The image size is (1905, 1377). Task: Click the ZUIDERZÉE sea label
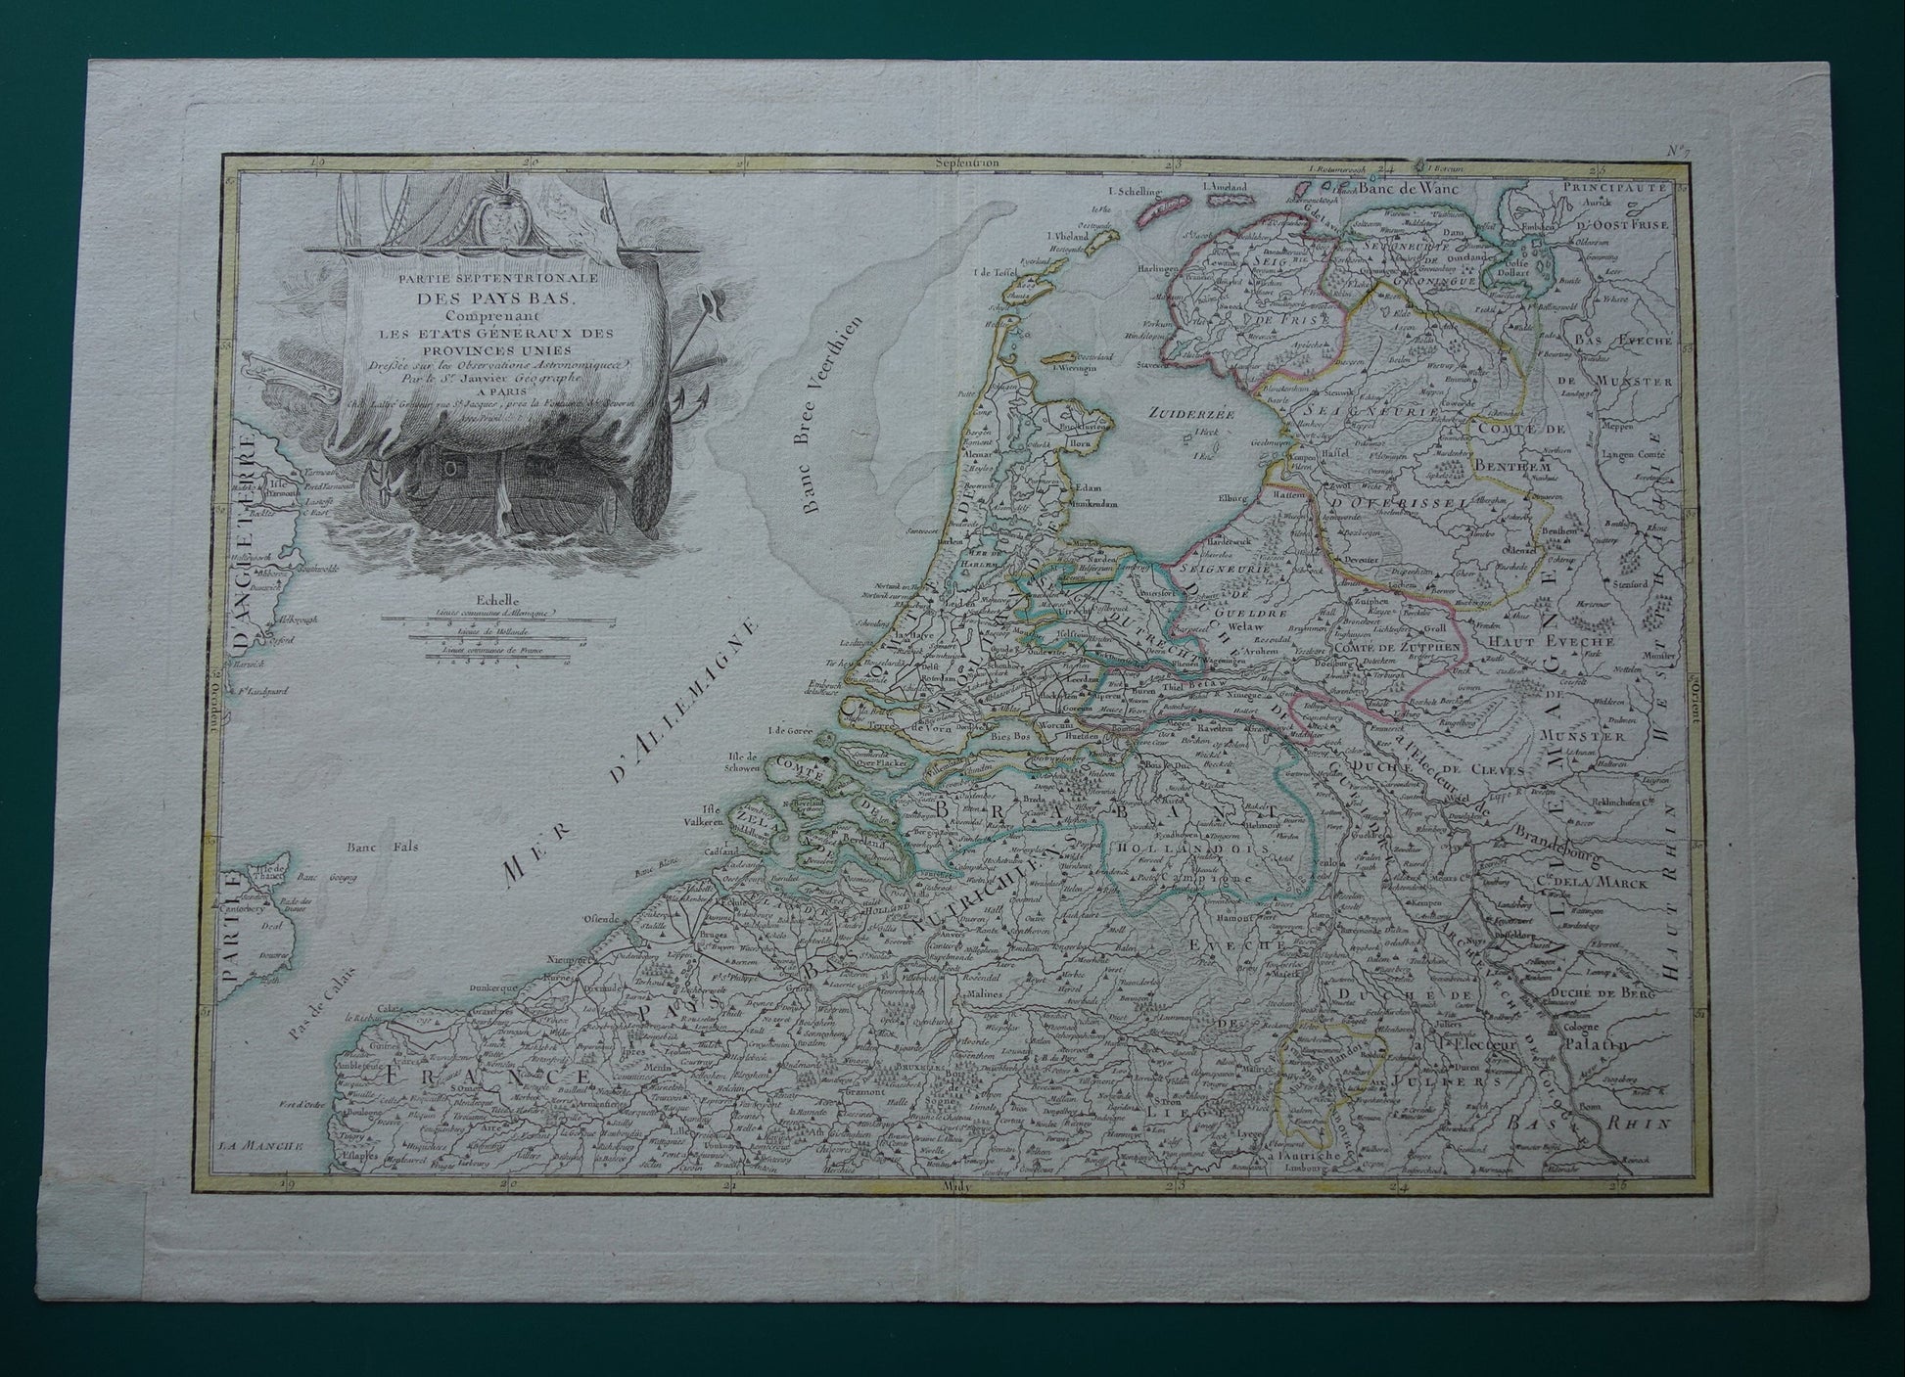[x=1192, y=413]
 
